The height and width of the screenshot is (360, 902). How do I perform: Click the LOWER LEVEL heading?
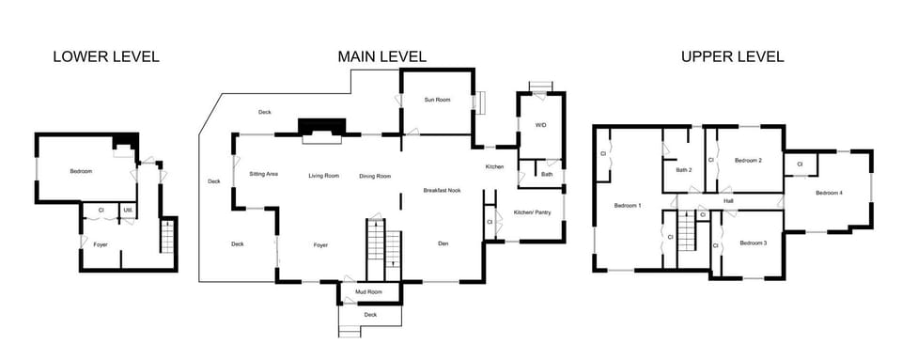click(x=106, y=57)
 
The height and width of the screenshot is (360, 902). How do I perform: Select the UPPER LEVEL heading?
click(x=732, y=57)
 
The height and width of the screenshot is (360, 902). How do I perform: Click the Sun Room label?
click(x=436, y=100)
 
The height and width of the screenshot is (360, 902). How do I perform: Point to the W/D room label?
click(x=541, y=125)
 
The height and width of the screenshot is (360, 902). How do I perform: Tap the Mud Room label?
click(x=368, y=292)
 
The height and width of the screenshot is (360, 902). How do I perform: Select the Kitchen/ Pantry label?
click(x=532, y=212)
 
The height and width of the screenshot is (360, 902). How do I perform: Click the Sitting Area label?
click(x=263, y=175)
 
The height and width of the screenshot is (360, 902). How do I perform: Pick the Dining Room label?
click(x=375, y=176)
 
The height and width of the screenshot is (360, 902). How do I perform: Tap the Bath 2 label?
click(x=684, y=170)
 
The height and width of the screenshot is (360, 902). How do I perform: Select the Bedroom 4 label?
click(x=829, y=193)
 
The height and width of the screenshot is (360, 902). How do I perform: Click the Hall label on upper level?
click(x=728, y=200)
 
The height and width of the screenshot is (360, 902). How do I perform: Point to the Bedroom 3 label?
click(x=754, y=243)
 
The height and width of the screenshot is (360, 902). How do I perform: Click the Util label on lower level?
click(x=127, y=210)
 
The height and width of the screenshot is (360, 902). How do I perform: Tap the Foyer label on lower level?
click(x=100, y=244)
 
